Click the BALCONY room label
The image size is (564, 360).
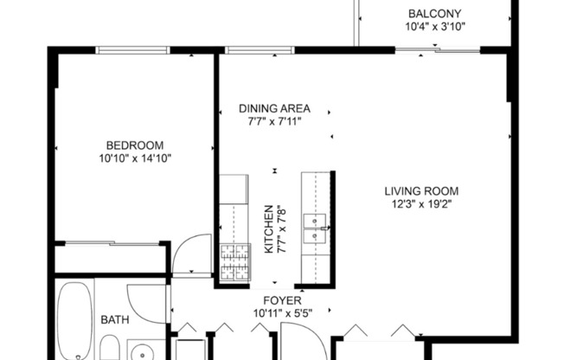click(434, 13)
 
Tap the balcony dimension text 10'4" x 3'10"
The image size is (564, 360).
click(434, 26)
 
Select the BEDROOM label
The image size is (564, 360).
click(134, 145)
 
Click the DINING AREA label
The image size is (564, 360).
click(274, 109)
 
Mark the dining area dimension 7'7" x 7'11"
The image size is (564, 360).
click(274, 122)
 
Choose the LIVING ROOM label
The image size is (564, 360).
click(421, 191)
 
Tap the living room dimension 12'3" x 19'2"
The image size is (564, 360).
click(421, 204)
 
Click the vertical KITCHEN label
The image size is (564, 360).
click(268, 229)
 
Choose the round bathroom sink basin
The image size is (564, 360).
click(140, 350)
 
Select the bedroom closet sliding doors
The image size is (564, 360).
click(111, 244)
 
